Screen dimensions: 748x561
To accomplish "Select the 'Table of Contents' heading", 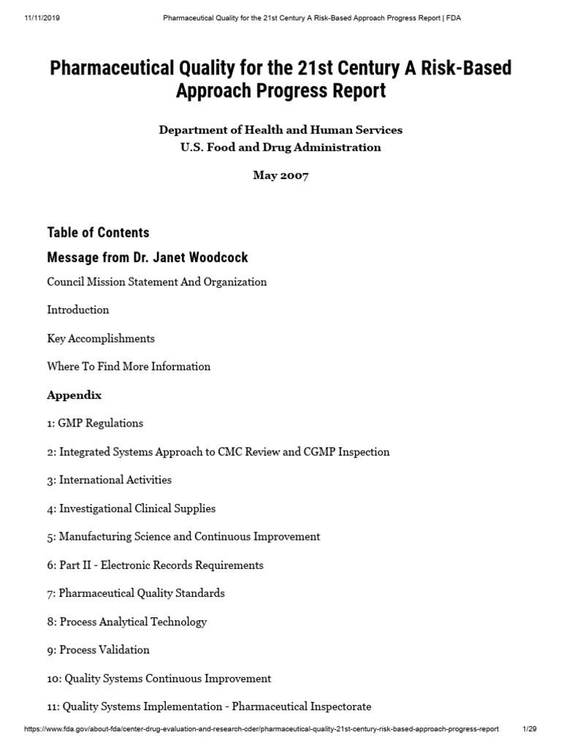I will coord(98,232).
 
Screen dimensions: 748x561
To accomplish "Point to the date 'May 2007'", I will coord(280,175).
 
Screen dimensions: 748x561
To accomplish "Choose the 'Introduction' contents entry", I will coord(78,310).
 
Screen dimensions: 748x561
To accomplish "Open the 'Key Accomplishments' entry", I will coord(101,338).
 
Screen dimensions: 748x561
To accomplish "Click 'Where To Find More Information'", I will coord(129,367).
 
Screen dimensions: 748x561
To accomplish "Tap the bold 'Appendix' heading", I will coord(75,395).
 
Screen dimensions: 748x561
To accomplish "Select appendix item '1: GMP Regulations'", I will coord(95,423).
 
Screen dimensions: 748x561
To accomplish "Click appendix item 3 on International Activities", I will coord(110,480).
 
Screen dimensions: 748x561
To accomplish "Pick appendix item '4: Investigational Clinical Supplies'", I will coord(131,508).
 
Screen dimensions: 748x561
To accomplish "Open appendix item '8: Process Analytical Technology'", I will coord(127,622).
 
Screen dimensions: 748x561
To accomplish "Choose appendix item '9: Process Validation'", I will coord(99,650).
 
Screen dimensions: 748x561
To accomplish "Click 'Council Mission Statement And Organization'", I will coord(157,281).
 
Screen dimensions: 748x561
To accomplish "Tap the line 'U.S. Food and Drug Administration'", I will coord(280,147).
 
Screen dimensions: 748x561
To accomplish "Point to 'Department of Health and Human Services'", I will coord(280,129).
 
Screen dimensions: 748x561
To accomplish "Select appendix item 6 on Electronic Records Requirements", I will coord(156,565).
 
